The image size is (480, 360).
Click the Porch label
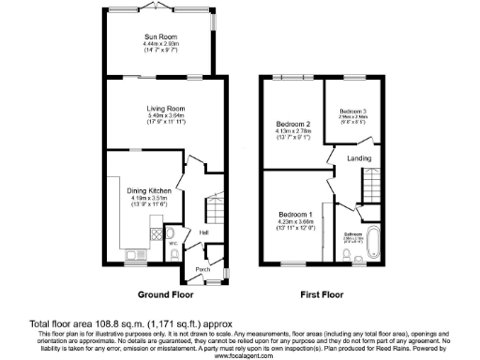(x=202, y=269)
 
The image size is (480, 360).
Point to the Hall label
(x=204, y=232)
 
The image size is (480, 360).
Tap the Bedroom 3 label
(x=352, y=111)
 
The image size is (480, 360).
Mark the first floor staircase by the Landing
(x=373, y=186)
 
